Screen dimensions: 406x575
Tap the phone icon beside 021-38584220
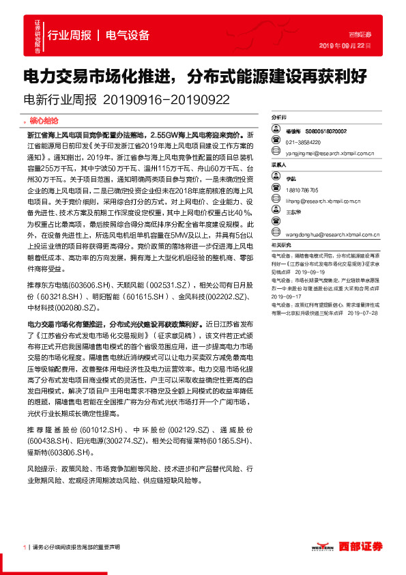tap(278, 142)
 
